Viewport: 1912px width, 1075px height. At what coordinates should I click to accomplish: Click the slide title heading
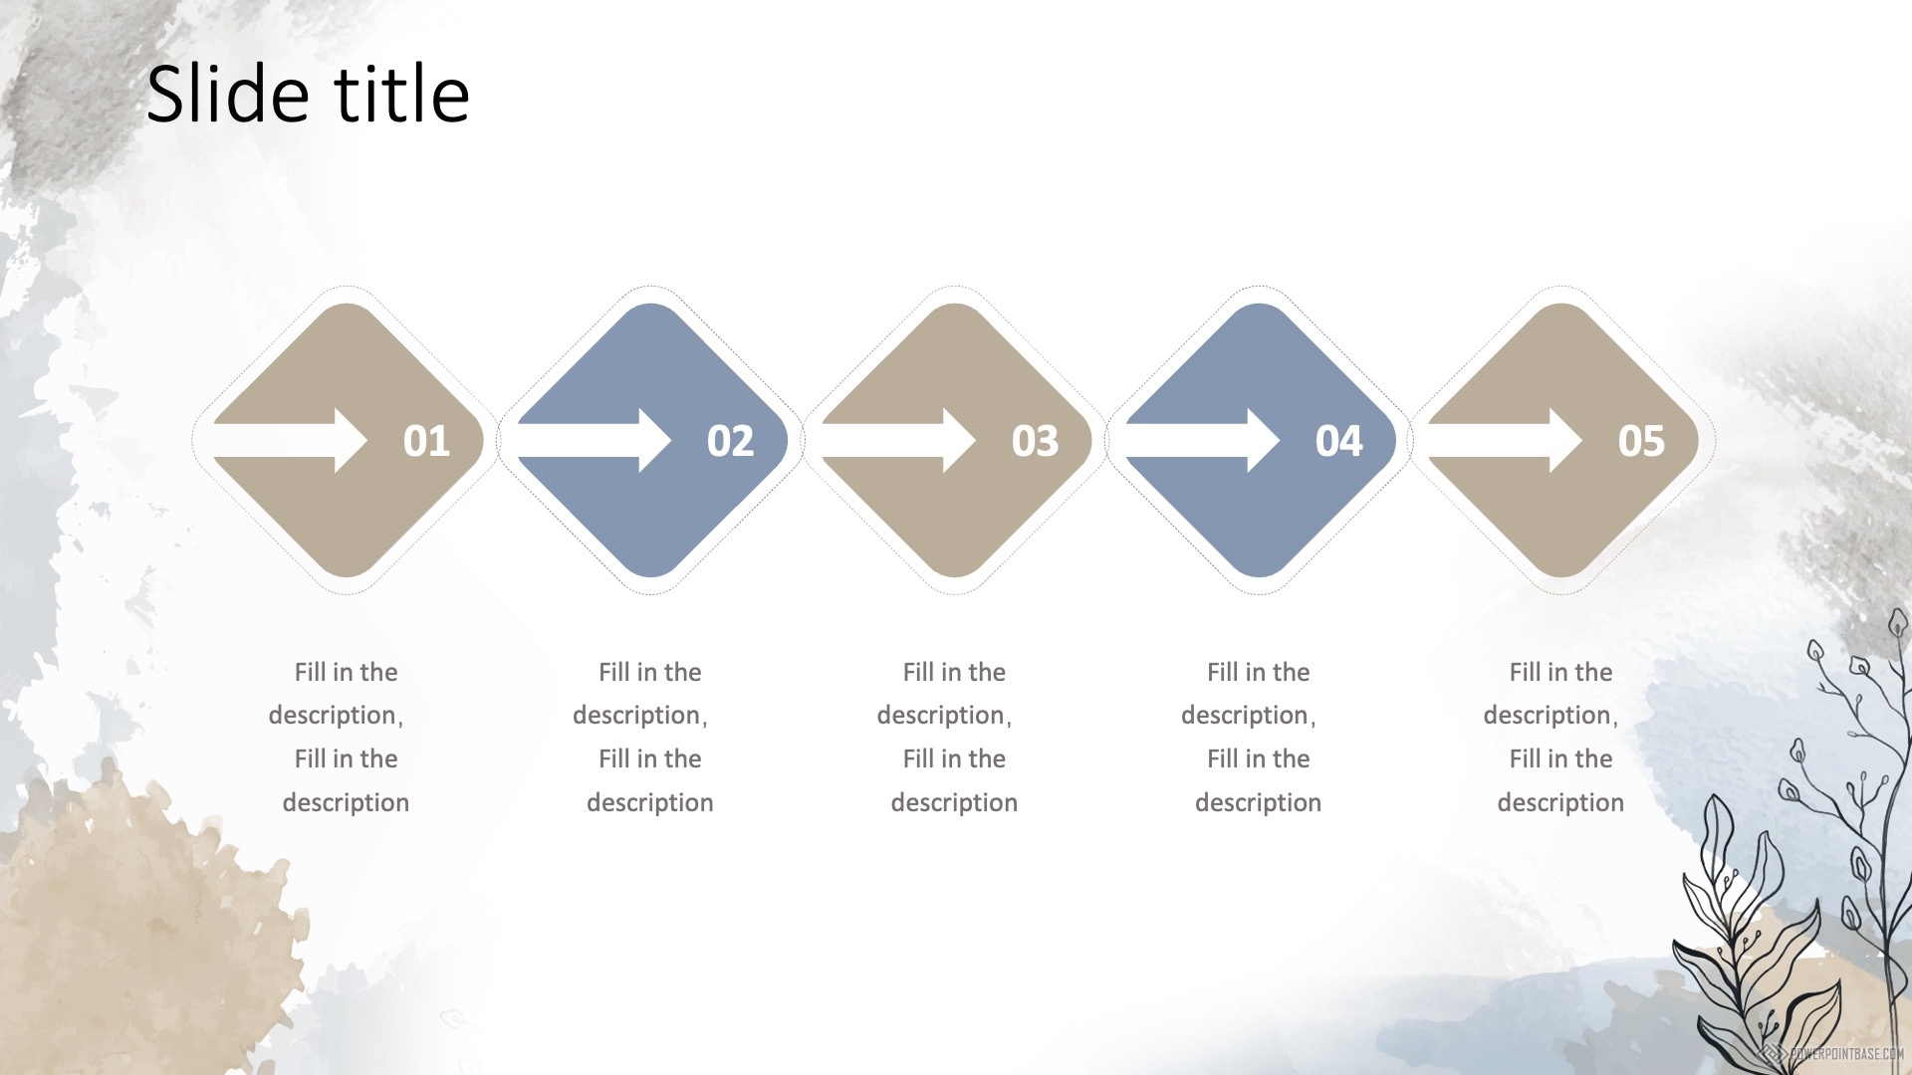308,94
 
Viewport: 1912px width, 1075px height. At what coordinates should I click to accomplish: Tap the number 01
426,441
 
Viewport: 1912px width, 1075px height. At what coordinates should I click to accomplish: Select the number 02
730,441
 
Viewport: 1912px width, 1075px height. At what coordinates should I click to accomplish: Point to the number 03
1035,441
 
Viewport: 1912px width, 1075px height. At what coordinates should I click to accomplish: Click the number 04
1338,441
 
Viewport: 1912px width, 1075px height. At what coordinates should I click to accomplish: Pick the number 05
1641,441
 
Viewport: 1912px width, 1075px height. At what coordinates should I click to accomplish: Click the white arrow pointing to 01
290,440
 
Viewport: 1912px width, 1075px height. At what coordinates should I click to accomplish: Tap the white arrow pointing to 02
595,440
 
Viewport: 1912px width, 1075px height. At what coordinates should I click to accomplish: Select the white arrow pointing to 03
898,440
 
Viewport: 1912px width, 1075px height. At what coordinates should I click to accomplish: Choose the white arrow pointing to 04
1203,440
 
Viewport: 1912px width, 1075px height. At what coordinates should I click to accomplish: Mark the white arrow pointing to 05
1505,440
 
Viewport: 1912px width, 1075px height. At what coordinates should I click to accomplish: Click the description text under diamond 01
340,737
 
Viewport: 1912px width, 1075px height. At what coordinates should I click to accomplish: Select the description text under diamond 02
643,737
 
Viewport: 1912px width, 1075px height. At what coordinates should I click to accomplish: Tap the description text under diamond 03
948,737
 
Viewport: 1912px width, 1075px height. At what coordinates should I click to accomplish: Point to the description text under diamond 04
1252,737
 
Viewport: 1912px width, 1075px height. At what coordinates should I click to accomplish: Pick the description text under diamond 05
1554,737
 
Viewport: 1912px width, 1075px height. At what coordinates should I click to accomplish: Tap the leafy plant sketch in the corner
1792,846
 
